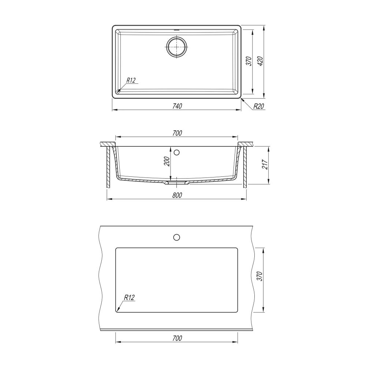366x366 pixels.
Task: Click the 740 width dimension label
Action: coord(177,106)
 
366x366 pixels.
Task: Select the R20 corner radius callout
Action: coord(259,107)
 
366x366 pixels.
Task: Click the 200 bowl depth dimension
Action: coord(167,161)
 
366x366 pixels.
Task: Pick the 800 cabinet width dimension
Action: coord(177,195)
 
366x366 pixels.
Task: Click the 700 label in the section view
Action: coord(177,133)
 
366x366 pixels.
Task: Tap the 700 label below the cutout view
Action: coord(177,338)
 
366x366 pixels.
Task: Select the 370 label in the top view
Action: coord(249,61)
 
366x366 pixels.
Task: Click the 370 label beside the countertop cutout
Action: coord(259,276)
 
